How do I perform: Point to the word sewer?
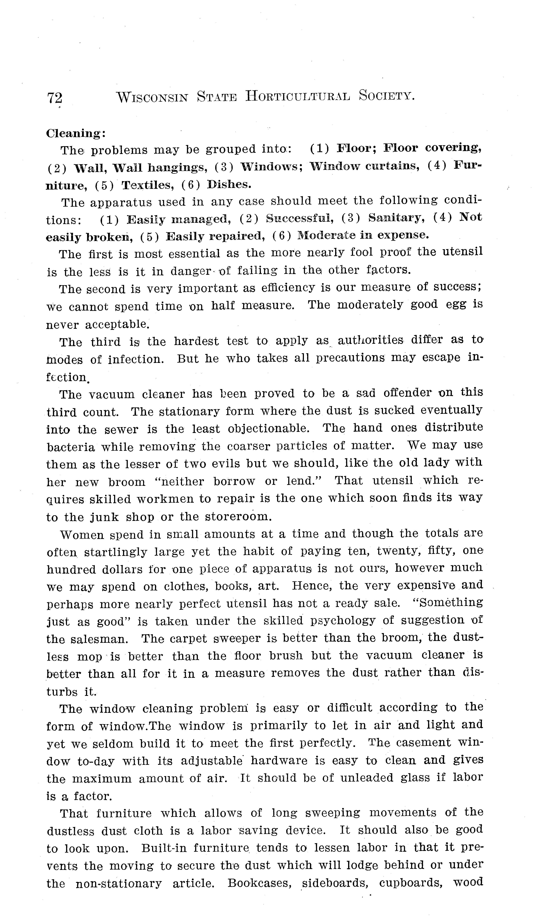(x=121, y=429)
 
